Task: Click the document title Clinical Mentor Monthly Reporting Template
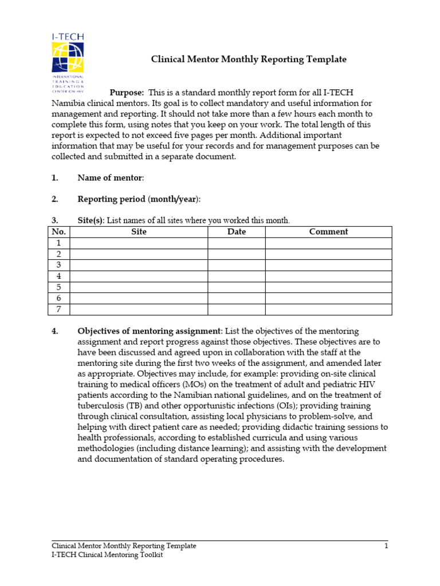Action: click(248, 60)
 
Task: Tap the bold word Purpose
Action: click(126, 93)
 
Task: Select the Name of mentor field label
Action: click(111, 178)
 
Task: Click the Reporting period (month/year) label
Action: click(139, 199)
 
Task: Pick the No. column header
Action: click(59, 232)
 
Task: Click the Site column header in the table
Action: click(139, 232)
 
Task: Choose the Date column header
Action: click(236, 232)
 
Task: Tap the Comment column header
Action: click(328, 232)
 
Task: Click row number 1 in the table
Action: click(59, 243)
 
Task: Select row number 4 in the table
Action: click(59, 276)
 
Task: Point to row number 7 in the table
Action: click(59, 310)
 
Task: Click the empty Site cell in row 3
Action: click(139, 266)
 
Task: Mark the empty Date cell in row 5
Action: click(236, 287)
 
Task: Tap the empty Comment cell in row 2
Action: click(328, 254)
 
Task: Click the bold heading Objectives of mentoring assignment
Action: click(149, 331)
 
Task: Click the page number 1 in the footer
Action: click(386, 546)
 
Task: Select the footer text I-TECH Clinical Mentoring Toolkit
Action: click(107, 556)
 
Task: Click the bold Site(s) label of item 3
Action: click(91, 220)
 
